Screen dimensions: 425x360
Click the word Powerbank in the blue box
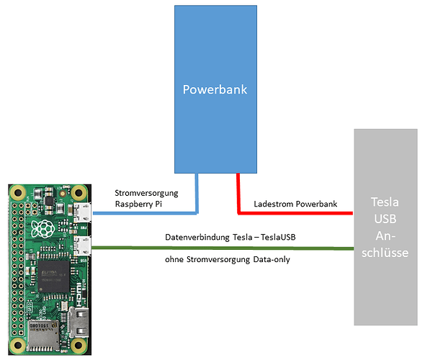[x=215, y=89]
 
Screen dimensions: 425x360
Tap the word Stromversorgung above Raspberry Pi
[x=146, y=194]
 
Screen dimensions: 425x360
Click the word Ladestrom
[x=274, y=204]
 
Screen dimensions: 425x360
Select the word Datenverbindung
[x=197, y=238]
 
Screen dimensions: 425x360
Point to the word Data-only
[x=272, y=259]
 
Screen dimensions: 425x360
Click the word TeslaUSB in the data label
[x=278, y=238]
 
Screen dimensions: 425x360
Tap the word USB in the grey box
[x=385, y=219]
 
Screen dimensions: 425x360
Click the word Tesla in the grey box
[x=385, y=202]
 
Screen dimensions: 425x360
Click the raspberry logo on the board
[x=42, y=229]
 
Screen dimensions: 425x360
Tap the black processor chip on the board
[x=54, y=276]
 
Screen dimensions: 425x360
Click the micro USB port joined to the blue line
[x=82, y=212]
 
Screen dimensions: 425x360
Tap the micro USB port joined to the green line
[x=82, y=246]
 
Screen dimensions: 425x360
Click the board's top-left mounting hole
[x=18, y=193]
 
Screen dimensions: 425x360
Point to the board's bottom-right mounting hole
[x=79, y=345]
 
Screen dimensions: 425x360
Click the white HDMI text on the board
[x=78, y=294]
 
